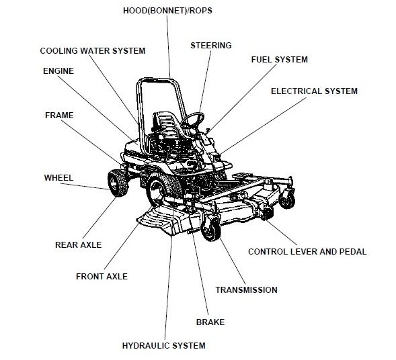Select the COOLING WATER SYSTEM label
tap(93, 51)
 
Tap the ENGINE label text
tap(58, 71)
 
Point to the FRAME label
tap(59, 116)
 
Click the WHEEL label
tap(58, 178)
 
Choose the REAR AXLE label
tap(78, 245)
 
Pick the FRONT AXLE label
tap(102, 276)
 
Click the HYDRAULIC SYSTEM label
tap(163, 346)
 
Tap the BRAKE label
tap(210, 322)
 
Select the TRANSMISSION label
tap(246, 290)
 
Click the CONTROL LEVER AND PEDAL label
tap(307, 252)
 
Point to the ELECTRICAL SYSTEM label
tap(314, 91)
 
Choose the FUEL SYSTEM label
tap(279, 60)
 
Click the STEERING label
tap(211, 46)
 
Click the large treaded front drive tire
tap(160, 185)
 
